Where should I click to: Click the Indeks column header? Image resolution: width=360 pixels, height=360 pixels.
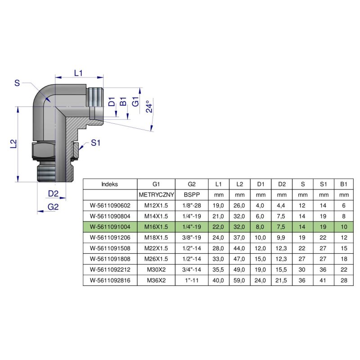click(x=110, y=184)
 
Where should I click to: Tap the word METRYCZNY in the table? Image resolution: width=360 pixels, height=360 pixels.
click(x=156, y=195)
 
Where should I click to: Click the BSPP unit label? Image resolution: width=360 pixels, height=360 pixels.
click(x=192, y=195)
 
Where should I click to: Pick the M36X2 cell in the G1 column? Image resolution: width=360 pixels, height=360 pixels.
click(x=156, y=279)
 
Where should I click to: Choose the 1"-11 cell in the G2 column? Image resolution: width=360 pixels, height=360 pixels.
click(x=192, y=279)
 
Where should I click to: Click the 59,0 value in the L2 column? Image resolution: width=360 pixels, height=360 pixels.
click(x=239, y=279)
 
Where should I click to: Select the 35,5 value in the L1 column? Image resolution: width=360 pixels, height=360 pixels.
click(x=219, y=269)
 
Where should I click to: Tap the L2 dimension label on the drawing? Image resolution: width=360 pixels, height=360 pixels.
click(x=13, y=144)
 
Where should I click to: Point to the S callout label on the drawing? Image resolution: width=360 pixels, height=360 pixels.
click(x=17, y=83)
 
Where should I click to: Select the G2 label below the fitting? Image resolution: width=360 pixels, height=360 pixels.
click(x=53, y=207)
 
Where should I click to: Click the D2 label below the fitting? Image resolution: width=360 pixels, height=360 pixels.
click(x=54, y=194)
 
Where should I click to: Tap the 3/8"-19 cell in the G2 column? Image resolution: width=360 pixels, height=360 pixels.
click(x=192, y=237)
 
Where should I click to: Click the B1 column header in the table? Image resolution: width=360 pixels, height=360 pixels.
click(x=344, y=184)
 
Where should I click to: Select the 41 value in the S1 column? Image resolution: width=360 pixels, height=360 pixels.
click(x=323, y=279)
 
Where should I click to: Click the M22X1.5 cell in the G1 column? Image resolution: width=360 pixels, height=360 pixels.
click(x=156, y=247)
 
